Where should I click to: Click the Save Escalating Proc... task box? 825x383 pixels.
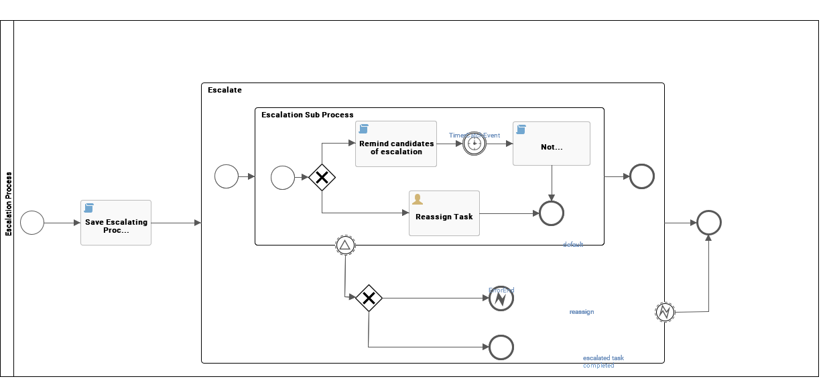click(x=116, y=223)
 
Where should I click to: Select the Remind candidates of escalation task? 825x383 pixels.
click(x=396, y=144)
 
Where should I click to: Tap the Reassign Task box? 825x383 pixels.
click(x=444, y=213)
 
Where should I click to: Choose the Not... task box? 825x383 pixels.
click(x=552, y=144)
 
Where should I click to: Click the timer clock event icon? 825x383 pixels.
click(x=474, y=144)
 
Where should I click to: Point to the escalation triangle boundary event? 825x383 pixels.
click(x=345, y=245)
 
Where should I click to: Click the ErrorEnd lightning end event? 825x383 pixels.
click(x=501, y=299)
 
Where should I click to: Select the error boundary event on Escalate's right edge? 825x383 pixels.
click(x=665, y=312)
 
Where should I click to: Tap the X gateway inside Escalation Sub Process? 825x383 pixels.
click(x=322, y=178)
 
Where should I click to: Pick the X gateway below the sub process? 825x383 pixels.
click(x=369, y=298)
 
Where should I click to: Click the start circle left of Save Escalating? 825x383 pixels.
click(x=32, y=223)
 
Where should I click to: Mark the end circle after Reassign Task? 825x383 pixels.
click(x=552, y=213)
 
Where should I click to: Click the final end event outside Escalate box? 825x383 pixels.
click(x=708, y=223)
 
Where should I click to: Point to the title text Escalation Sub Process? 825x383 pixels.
click(x=308, y=115)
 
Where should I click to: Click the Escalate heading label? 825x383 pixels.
click(x=225, y=90)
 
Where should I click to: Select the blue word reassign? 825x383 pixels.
click(x=582, y=312)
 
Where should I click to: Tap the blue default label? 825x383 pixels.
click(x=573, y=245)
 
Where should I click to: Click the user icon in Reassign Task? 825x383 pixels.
click(x=418, y=199)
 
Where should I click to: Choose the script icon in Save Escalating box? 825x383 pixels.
click(x=88, y=208)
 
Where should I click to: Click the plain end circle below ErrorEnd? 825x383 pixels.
click(x=501, y=347)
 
